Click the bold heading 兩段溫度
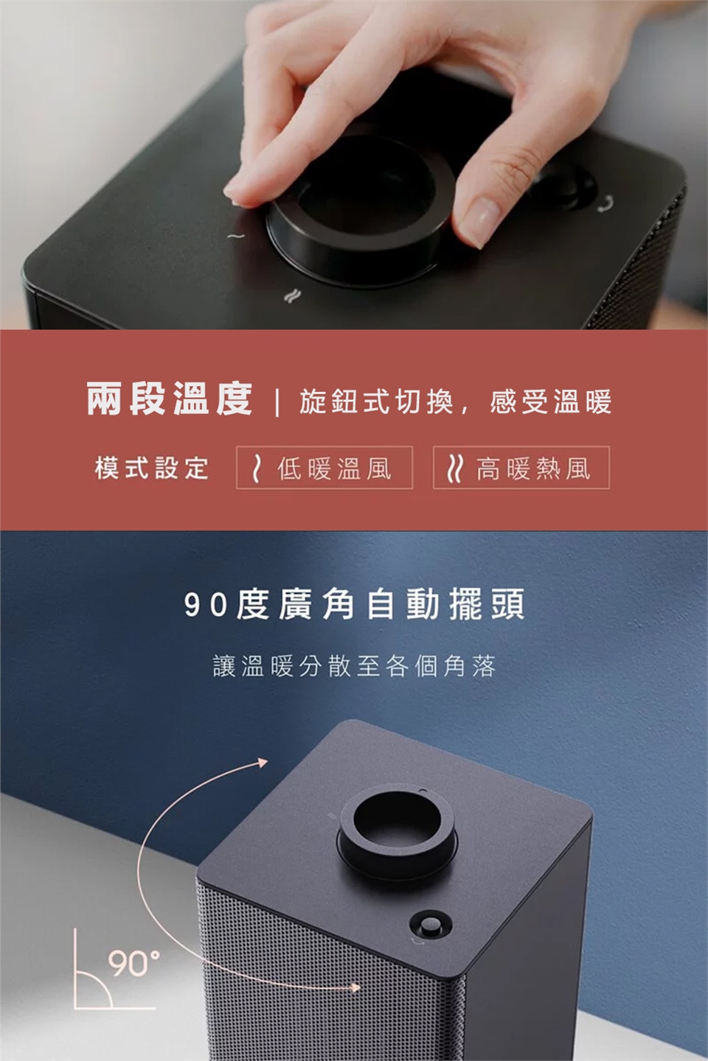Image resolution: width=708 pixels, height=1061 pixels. pyautogui.click(x=170, y=399)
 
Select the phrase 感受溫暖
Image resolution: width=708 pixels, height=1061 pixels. pyautogui.click(x=551, y=401)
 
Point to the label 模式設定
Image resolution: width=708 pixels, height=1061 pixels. pyautogui.click(x=152, y=468)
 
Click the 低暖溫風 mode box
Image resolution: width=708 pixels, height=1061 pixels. pyautogui.click(x=324, y=467)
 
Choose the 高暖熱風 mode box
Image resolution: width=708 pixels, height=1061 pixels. pyautogui.click(x=521, y=467)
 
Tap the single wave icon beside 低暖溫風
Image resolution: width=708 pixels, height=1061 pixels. pyautogui.click(x=257, y=468)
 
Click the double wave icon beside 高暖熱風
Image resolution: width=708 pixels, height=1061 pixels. pyautogui.click(x=454, y=468)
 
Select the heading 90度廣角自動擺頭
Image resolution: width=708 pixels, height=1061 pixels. pyautogui.click(x=354, y=604)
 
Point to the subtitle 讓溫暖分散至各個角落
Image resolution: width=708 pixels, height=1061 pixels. pyautogui.click(x=354, y=665)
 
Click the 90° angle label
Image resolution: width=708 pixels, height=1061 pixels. pyautogui.click(x=133, y=962)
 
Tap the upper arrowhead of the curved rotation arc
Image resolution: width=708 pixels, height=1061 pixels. pyautogui.click(x=263, y=761)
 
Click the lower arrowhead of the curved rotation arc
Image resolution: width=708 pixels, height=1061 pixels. pyautogui.click(x=354, y=987)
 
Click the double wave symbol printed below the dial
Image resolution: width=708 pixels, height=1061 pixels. pyautogui.click(x=290, y=296)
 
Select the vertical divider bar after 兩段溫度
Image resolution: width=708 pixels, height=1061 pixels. pyautogui.click(x=277, y=402)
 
